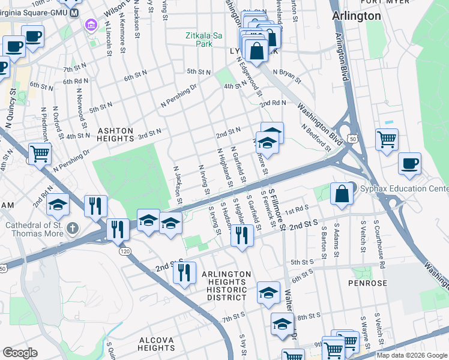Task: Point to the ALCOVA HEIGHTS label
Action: click(156, 344)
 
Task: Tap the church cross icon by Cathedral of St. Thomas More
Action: click(73, 227)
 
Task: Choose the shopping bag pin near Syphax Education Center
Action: click(341, 194)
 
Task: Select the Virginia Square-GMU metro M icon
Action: click(74, 13)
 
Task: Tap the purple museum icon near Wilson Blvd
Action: click(91, 25)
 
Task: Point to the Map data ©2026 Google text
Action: click(412, 355)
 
